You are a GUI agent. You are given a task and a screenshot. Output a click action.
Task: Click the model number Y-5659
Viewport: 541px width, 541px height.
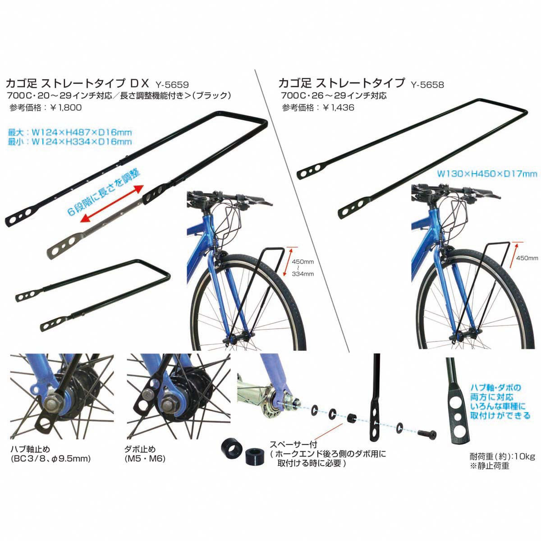click(171, 84)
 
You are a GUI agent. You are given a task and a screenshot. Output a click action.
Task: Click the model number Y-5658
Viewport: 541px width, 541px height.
click(427, 84)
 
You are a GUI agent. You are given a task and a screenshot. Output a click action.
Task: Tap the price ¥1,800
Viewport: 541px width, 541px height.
click(66, 108)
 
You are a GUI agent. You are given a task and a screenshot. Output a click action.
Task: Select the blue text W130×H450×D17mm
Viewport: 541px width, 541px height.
click(487, 174)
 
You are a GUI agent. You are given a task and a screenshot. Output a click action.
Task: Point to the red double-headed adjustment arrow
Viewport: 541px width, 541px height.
click(112, 204)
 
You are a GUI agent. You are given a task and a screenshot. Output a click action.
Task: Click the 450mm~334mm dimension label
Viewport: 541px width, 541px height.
click(303, 267)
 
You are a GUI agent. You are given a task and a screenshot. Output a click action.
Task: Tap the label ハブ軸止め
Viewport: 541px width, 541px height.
click(30, 449)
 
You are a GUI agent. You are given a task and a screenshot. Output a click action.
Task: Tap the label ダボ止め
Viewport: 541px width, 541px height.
click(140, 449)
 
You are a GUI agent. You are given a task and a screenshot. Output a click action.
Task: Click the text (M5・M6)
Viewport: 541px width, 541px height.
click(145, 459)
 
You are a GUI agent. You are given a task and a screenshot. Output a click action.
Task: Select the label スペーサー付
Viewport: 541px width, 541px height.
click(293, 445)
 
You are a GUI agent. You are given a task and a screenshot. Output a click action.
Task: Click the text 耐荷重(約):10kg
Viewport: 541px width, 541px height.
click(502, 456)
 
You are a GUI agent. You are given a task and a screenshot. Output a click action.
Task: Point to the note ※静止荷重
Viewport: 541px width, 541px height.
click(489, 466)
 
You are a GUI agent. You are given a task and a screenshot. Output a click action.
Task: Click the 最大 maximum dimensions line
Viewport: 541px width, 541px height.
click(70, 132)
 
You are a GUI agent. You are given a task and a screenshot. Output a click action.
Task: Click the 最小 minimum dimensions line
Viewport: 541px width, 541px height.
click(70, 142)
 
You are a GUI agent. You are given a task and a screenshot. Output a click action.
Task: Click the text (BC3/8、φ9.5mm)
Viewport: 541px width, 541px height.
click(50, 459)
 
